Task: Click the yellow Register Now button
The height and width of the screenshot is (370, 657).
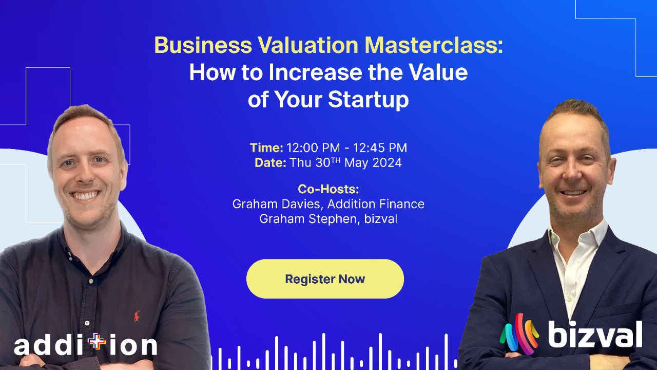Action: click(x=325, y=279)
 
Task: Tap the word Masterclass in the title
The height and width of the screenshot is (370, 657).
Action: click(x=434, y=46)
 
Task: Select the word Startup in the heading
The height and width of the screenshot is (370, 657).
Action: click(x=369, y=99)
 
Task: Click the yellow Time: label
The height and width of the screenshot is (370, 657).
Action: click(x=266, y=148)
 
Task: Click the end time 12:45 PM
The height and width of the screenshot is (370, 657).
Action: click(x=380, y=148)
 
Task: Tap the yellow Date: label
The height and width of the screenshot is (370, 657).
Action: click(x=270, y=163)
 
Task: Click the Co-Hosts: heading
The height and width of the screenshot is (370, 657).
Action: click(x=328, y=189)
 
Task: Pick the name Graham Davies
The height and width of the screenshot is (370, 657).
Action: click(x=277, y=204)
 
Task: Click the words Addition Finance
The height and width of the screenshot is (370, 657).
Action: click(x=376, y=204)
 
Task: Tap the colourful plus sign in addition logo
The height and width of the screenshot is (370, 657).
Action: click(x=96, y=342)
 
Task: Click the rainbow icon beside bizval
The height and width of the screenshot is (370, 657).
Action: click(x=519, y=334)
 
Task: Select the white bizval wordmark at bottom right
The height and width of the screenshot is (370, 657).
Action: click(x=595, y=335)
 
